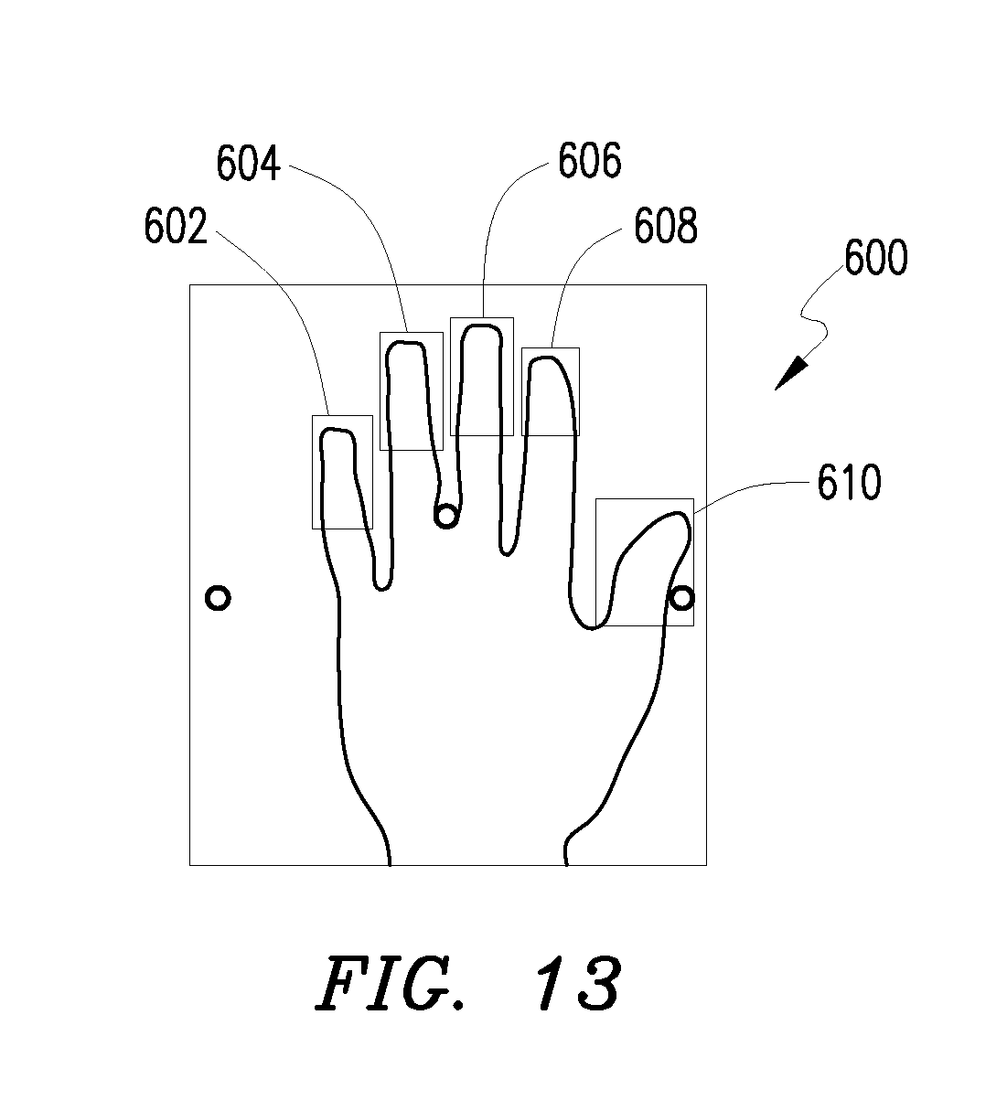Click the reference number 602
(176, 226)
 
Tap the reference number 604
(248, 163)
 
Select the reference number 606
(590, 161)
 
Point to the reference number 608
(666, 226)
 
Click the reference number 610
(849, 483)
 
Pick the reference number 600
(876, 258)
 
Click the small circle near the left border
(218, 598)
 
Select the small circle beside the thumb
(682, 598)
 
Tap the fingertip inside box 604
(406, 345)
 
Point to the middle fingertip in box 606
(482, 326)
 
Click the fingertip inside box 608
(546, 358)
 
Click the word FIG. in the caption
(389, 987)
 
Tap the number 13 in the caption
(577, 987)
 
